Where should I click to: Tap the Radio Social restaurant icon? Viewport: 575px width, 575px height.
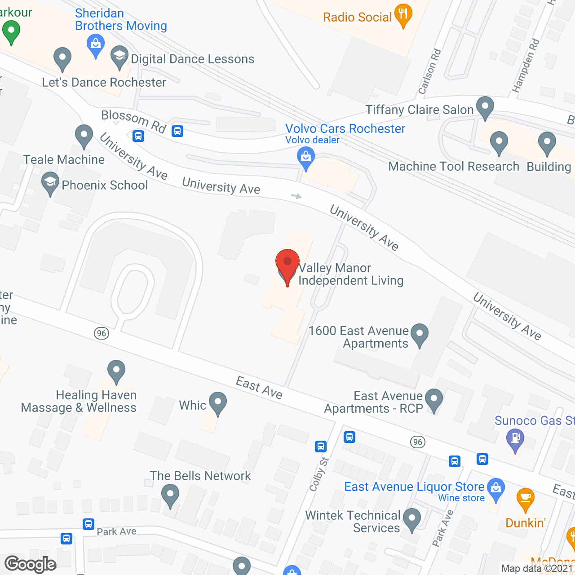(x=403, y=15)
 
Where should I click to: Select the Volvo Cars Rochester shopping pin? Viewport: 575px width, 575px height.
(x=306, y=159)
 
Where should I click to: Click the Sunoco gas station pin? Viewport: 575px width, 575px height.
(x=515, y=438)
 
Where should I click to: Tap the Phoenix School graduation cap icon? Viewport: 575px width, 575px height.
(x=50, y=183)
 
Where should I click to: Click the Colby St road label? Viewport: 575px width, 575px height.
(x=319, y=474)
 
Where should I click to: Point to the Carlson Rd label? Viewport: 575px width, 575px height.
(x=429, y=72)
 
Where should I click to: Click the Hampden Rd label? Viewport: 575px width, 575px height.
(x=526, y=66)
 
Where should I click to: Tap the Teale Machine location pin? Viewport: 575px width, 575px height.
(x=84, y=135)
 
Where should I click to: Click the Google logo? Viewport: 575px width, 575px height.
(x=31, y=564)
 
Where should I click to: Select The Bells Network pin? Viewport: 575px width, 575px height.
(x=170, y=495)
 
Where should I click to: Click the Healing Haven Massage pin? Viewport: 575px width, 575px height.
(x=116, y=371)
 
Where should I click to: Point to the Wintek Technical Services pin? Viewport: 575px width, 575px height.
(x=411, y=519)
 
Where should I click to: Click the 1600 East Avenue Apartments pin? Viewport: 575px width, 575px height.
(x=420, y=335)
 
